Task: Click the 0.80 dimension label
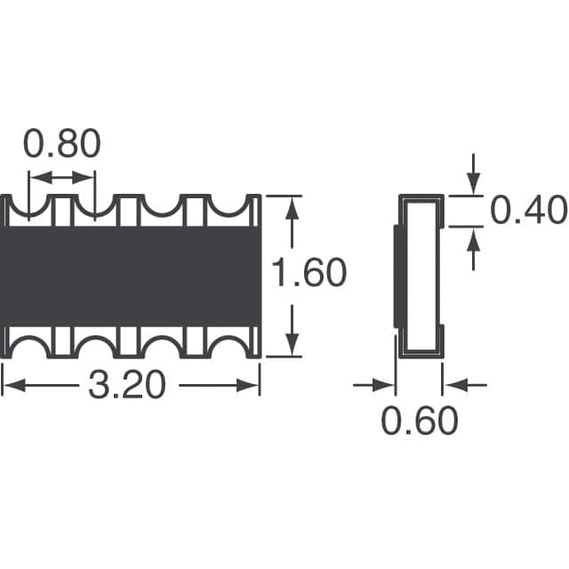pyautogui.click(x=61, y=143)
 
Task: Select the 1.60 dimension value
pyautogui.click(x=309, y=272)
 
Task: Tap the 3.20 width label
pyautogui.click(x=127, y=385)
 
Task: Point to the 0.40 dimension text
pyautogui.click(x=528, y=210)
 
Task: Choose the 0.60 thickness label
pyautogui.click(x=420, y=421)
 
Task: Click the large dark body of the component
pyautogui.click(x=131, y=276)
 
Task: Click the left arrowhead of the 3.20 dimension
pyautogui.click(x=14, y=385)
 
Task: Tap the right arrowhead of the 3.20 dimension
pyautogui.click(x=248, y=385)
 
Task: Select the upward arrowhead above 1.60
pyautogui.click(x=293, y=208)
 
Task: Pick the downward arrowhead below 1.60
pyautogui.click(x=293, y=344)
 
